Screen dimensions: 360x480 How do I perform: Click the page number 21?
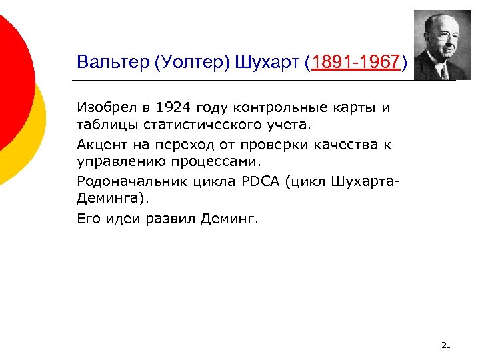click(446, 345)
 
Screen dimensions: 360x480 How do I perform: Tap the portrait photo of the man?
click(441, 45)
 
